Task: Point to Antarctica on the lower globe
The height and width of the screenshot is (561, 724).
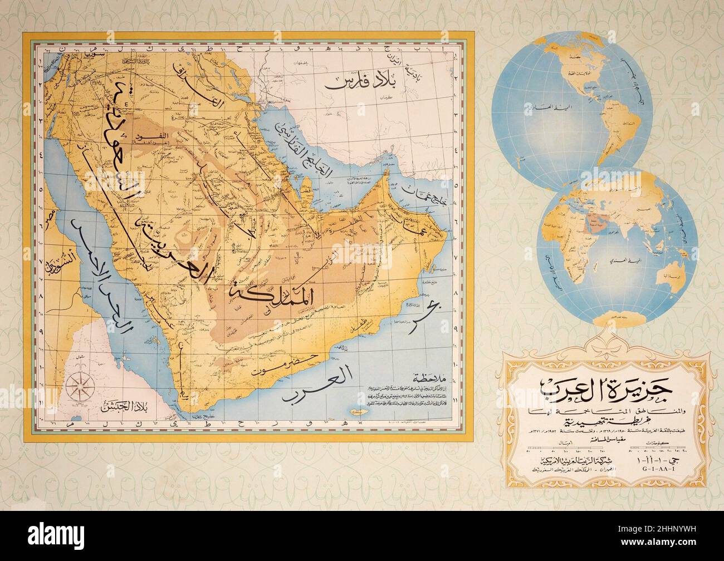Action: coord(618,317)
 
